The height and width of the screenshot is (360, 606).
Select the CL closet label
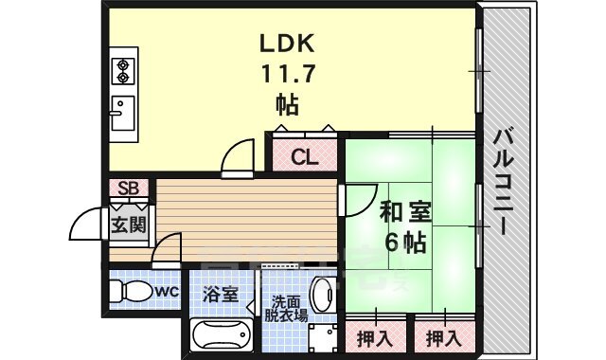point(303,157)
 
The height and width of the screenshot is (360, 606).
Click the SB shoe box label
point(128,188)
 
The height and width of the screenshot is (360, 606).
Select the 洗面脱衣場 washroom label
point(285,305)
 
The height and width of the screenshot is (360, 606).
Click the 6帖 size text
point(401,243)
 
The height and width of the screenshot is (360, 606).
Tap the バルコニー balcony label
point(501,180)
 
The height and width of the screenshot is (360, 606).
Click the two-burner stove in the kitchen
point(123,69)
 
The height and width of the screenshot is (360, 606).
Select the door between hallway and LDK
point(238,157)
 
